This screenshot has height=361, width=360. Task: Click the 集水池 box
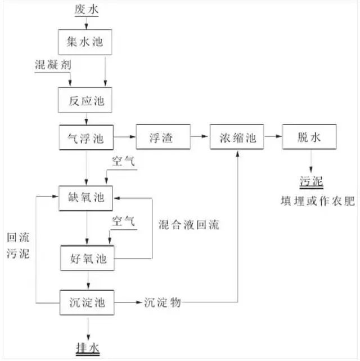click(85, 42)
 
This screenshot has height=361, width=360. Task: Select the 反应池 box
click(85, 101)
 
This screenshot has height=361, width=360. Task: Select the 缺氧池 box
click(85, 197)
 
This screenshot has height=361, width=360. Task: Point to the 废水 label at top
click(85, 10)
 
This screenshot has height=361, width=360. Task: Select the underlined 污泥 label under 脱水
click(310, 181)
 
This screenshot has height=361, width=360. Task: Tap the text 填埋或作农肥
click(317, 201)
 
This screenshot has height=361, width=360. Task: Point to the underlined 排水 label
click(88, 346)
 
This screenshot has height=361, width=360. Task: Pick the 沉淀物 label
click(162, 302)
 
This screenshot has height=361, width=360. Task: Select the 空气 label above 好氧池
click(123, 221)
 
